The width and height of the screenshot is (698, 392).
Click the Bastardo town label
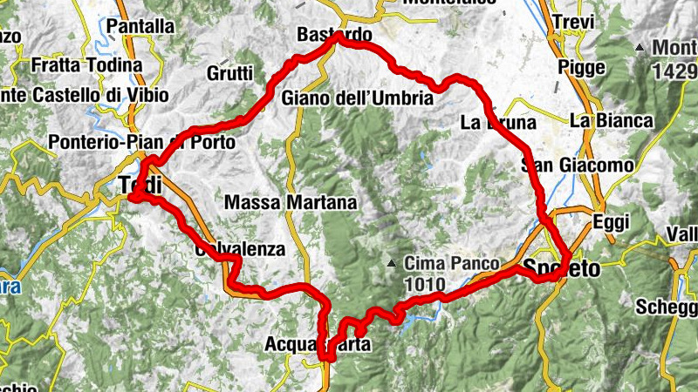click(334, 36)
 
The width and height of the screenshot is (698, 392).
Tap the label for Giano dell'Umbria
click(358, 99)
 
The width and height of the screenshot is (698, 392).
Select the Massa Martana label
click(291, 203)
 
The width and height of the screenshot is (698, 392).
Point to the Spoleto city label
click(562, 269)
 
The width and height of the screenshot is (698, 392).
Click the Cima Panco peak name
click(450, 263)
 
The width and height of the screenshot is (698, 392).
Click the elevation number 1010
click(425, 284)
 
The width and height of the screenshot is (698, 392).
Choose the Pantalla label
click(140, 27)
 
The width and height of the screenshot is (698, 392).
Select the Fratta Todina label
click(86, 65)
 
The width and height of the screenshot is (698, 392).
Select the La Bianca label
click(612, 121)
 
